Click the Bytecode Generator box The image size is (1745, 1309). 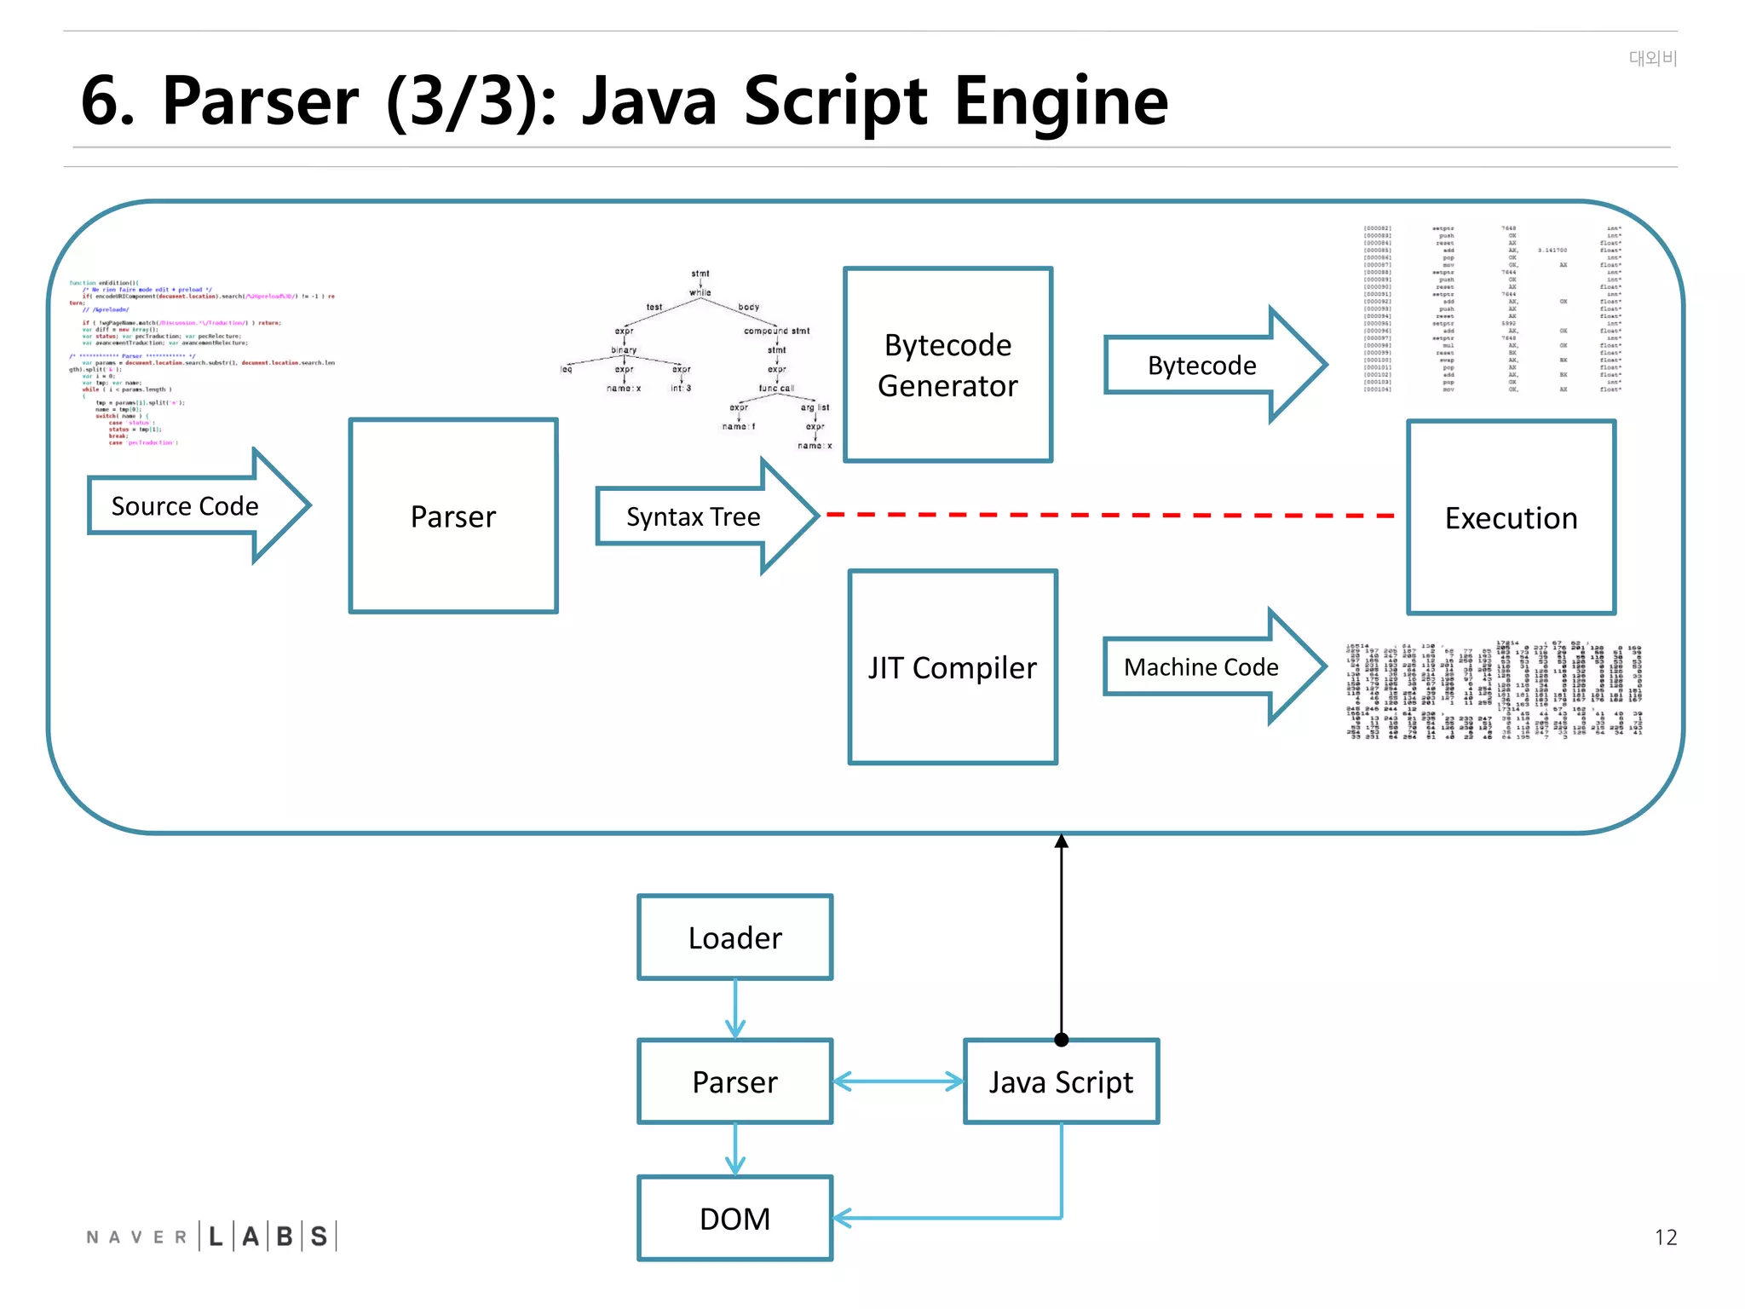[947, 365]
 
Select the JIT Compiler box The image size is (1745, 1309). [953, 667]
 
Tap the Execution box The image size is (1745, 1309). [1511, 517]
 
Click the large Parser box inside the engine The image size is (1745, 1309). [453, 516]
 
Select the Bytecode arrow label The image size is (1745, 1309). [1201, 366]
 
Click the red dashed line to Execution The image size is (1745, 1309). [1108, 516]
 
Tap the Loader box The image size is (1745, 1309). [734, 937]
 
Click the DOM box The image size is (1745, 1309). [734, 1219]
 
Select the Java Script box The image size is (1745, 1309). [1061, 1081]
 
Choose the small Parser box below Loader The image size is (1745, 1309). [734, 1081]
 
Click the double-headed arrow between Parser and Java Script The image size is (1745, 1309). [898, 1081]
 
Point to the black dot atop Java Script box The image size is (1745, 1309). [1061, 1040]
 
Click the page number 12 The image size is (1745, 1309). [1665, 1237]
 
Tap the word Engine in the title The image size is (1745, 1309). [1061, 102]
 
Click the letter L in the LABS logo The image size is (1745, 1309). [216, 1237]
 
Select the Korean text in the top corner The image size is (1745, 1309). [1652, 58]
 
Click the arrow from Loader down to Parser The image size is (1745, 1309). [734, 1010]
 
